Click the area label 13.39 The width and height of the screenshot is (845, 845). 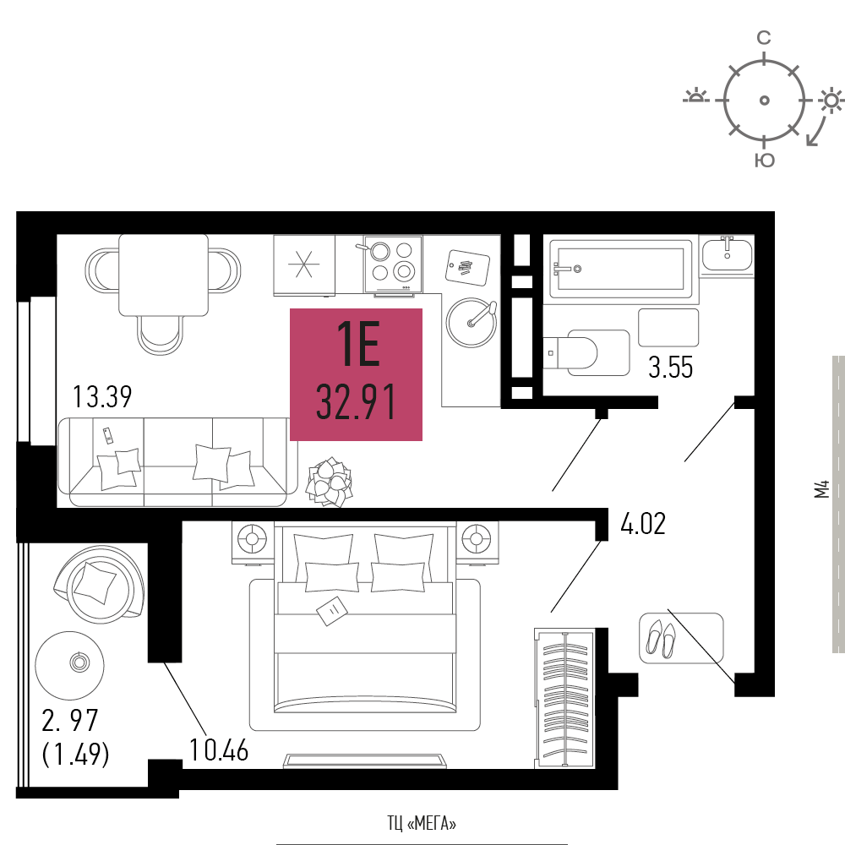[x=102, y=396]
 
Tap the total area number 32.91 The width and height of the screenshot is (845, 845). [x=356, y=403]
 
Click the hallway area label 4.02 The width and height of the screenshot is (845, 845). [x=643, y=524]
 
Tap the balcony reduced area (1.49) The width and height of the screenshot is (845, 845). [x=76, y=752]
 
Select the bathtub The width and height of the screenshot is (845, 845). [x=621, y=269]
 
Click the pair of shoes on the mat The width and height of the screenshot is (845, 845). [x=661, y=637]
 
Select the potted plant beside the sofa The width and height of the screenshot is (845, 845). [x=330, y=482]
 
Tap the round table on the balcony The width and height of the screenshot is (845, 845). [x=71, y=662]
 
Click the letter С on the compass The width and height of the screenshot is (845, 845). [x=763, y=37]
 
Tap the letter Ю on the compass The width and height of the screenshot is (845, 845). [x=764, y=161]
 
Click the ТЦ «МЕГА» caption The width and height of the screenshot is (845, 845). [x=422, y=821]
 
